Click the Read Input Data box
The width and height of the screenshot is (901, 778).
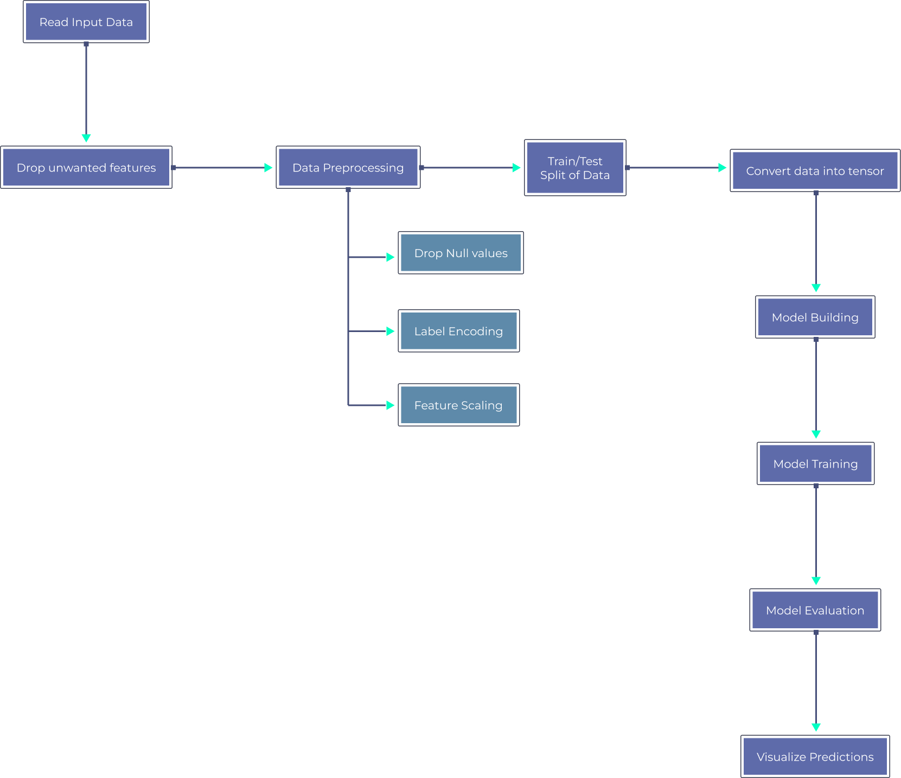[86, 22]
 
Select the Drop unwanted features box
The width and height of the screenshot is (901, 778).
[86, 168]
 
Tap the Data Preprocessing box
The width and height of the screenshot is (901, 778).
[348, 168]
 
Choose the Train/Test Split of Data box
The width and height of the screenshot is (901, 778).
[574, 168]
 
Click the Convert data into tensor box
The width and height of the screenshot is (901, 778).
[814, 171]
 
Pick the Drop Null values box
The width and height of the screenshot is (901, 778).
[461, 253]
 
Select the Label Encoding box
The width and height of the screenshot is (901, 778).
[458, 331]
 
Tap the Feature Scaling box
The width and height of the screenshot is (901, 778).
[458, 405]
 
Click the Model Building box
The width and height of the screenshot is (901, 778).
[815, 317]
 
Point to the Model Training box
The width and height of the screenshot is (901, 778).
[815, 464]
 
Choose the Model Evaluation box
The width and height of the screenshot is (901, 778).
[815, 610]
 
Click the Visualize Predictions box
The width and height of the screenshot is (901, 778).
[815, 757]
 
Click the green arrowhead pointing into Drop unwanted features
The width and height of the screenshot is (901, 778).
[86, 138]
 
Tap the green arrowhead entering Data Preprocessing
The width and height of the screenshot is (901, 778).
[268, 168]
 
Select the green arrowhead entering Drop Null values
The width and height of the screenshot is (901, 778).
[390, 257]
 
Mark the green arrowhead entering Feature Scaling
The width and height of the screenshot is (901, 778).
[390, 405]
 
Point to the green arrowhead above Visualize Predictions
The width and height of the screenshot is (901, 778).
[816, 727]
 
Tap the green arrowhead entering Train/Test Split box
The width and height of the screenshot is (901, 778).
[516, 168]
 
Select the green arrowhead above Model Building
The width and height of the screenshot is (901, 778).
[816, 288]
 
